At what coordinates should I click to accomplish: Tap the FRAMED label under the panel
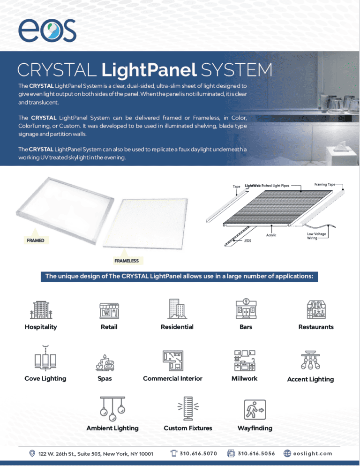click(x=36, y=240)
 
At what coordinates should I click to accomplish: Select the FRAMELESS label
click(x=126, y=260)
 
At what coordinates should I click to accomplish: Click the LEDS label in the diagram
click(x=247, y=241)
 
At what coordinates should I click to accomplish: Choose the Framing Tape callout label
click(x=325, y=185)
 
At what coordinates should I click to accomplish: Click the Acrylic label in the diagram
click(x=271, y=235)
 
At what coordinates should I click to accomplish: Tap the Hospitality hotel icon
click(x=40, y=308)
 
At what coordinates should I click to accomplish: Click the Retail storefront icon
click(x=109, y=309)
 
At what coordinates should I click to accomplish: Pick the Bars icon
click(x=246, y=308)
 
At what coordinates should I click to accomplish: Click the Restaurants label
click(x=316, y=327)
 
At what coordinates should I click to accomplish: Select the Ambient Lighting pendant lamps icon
click(x=112, y=409)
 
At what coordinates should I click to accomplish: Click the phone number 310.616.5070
click(x=198, y=453)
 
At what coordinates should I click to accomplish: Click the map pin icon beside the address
click(x=32, y=453)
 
